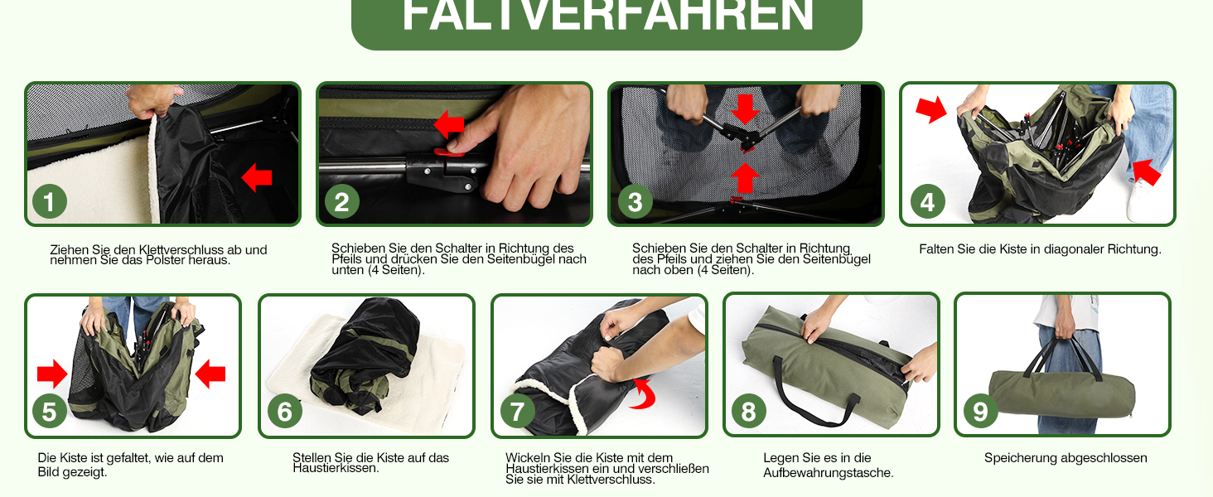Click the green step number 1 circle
coord(50,201)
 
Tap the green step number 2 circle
coord(341,201)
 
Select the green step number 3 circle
coord(635,201)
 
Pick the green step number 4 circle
coord(928,201)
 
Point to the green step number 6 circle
coord(285,412)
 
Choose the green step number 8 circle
coord(748,412)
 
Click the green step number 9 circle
coord(981,412)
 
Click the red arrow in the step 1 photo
coord(257,177)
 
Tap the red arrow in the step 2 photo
coord(449,124)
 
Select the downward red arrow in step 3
coord(745,109)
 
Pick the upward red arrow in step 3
coord(745,177)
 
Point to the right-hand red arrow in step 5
coord(210,374)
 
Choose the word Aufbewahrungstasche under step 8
coord(828,473)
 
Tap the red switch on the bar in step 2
coord(449,153)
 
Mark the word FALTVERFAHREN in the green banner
coord(607,15)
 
